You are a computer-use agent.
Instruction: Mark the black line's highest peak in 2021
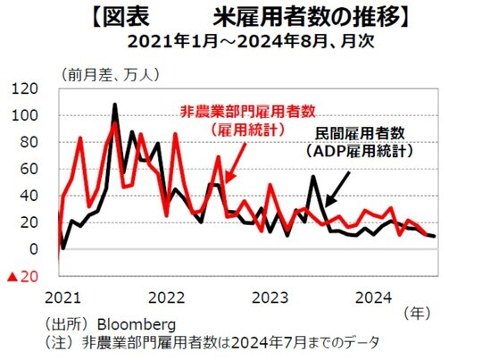pos(115,105)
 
